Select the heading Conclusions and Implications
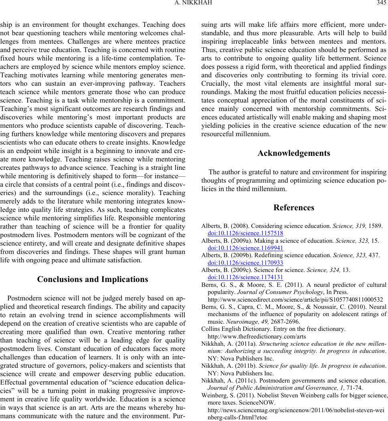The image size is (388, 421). point(93,279)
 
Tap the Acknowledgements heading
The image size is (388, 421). point(294,153)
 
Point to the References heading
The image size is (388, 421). point(294,207)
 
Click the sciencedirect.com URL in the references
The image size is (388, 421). point(296,299)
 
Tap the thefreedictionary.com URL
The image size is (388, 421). point(257,336)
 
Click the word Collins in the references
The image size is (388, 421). point(210,329)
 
